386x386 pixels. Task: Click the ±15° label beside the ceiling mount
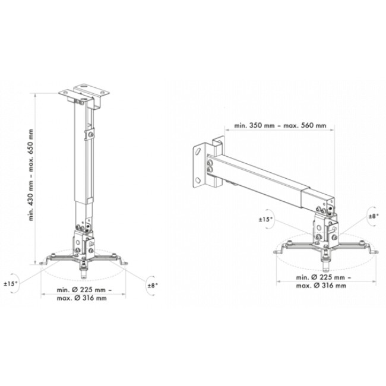11,284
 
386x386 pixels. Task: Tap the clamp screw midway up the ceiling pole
90,135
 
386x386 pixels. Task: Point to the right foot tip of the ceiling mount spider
124,264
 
